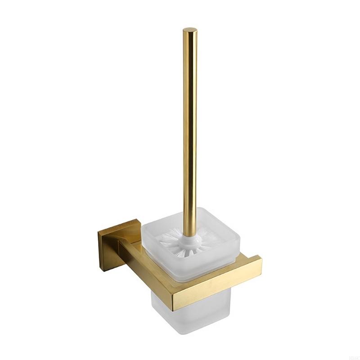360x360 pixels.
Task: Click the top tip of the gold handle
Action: (190, 30)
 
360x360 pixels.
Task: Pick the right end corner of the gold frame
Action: (260, 261)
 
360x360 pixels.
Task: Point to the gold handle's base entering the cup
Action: (189, 229)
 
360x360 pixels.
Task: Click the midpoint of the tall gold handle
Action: (190, 130)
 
